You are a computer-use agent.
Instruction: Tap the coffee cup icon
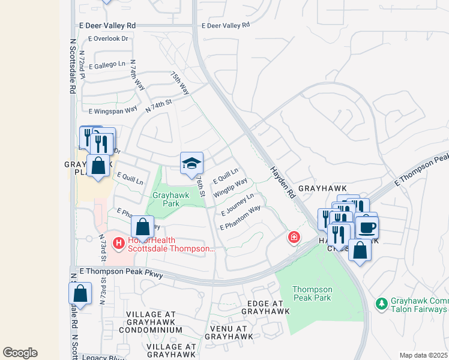[x=367, y=227]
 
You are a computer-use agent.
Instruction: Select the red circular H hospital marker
[x=118, y=244]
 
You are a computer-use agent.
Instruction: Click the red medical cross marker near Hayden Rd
[x=294, y=238]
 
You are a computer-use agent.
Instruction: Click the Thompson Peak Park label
[x=312, y=293]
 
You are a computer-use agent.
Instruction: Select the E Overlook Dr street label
[x=108, y=38]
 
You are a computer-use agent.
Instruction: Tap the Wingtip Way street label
[x=231, y=187]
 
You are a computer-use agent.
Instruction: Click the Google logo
[x=20, y=353]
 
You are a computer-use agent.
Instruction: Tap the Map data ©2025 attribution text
[x=424, y=355]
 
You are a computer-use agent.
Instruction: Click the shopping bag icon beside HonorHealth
[x=142, y=227]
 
